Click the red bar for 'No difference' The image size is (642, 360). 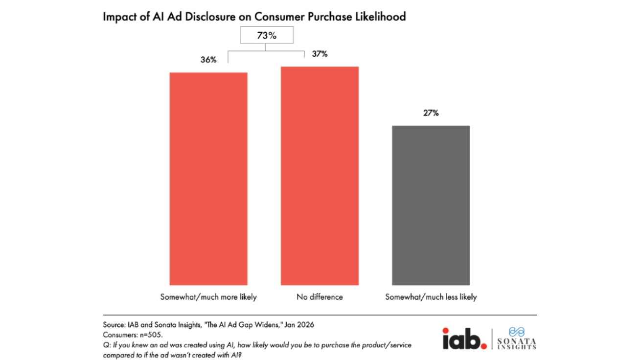pyautogui.click(x=320, y=176)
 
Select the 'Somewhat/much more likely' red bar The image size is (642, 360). pyautogui.click(x=208, y=179)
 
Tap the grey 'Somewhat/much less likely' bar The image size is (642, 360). pyautogui.click(x=431, y=205)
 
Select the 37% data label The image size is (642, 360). pyautogui.click(x=320, y=54)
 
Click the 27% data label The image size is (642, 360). pyautogui.click(x=431, y=113)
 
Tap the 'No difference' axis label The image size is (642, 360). pyautogui.click(x=320, y=297)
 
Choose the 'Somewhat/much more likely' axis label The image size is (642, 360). pyautogui.click(x=208, y=297)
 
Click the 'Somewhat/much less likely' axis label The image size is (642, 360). pyautogui.click(x=431, y=297)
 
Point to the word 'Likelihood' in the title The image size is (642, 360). pyautogui.click(x=382, y=17)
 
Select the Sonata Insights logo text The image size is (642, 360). pyautogui.click(x=517, y=343)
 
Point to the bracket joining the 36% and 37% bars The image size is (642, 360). pyautogui.click(x=265, y=50)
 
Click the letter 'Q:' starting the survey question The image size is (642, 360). pyautogui.click(x=106, y=345)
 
